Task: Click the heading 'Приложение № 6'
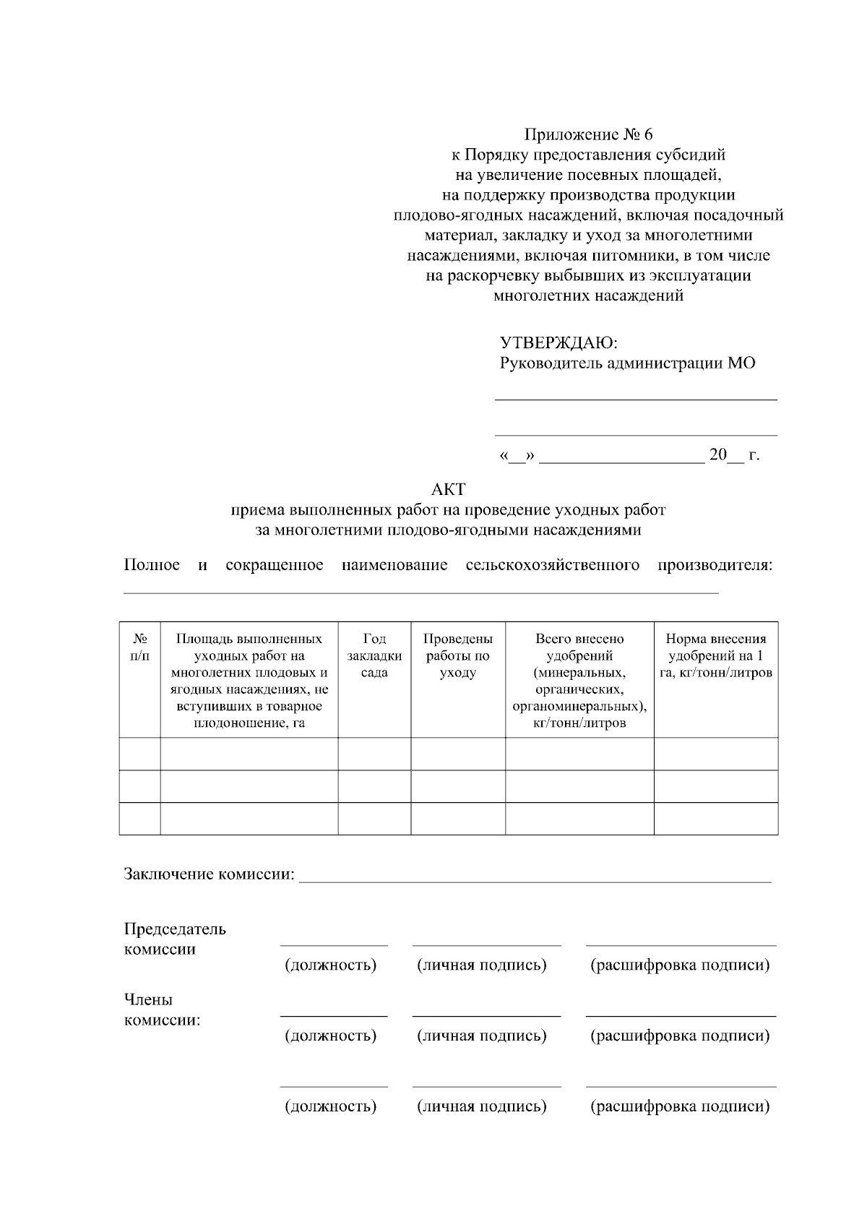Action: coord(588,134)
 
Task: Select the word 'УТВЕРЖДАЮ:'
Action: coord(558,343)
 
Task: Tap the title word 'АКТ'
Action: coord(448,489)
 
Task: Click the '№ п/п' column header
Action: coord(140,647)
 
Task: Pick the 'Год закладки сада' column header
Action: coord(374,655)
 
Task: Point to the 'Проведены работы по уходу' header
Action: coord(458,655)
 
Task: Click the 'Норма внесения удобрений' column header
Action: coord(716,655)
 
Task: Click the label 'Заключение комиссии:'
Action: coord(210,875)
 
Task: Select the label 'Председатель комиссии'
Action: coord(175,939)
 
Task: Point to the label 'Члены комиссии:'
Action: coord(163,1010)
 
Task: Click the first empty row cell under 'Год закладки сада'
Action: coord(374,754)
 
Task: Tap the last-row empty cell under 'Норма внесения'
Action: coord(716,819)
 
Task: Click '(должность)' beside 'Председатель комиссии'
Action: coord(331,965)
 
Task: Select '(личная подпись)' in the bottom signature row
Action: coord(482,1106)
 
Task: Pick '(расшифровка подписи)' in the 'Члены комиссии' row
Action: coord(680,1036)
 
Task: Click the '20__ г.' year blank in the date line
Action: coord(734,455)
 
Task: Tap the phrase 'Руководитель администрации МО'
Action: coord(627,363)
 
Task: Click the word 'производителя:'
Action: coord(715,565)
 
